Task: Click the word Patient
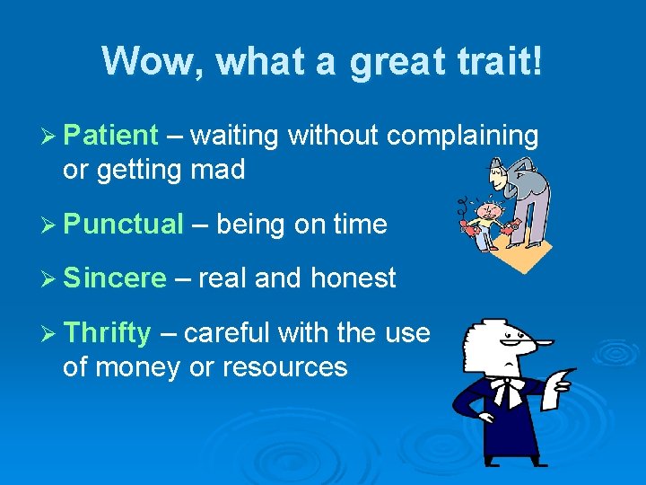(111, 136)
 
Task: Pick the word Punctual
(124, 224)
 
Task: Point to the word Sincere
(115, 278)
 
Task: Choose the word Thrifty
(108, 333)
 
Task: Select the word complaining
(462, 136)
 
